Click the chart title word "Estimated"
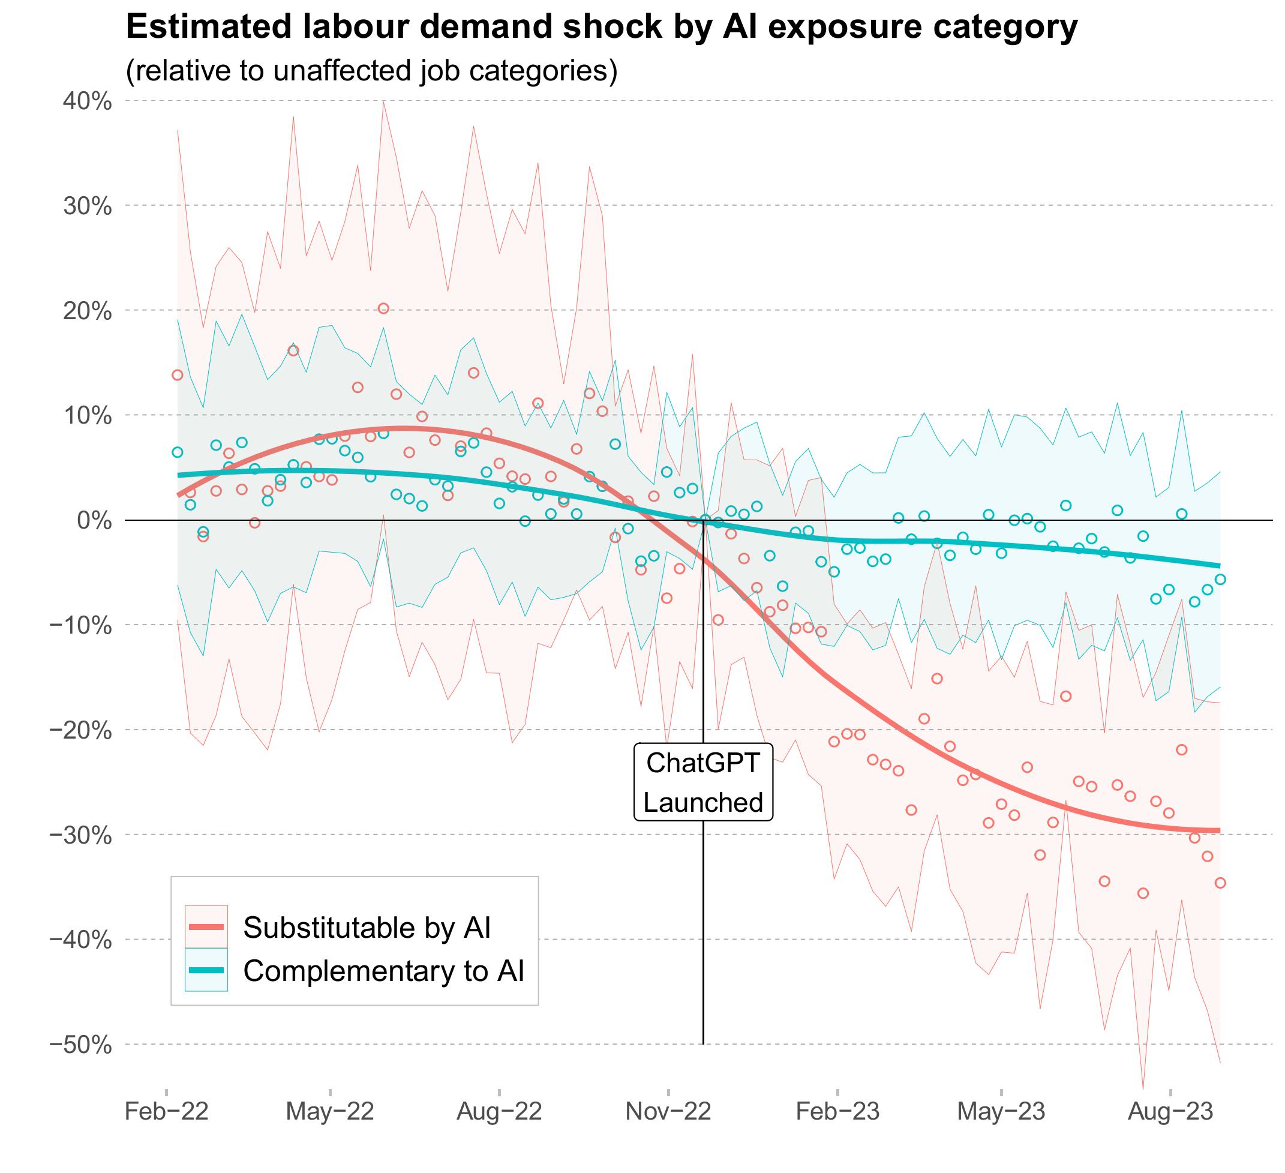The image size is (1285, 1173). point(200,27)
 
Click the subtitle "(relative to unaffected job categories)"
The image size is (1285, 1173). point(372,70)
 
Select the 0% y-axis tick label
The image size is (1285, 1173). point(95,520)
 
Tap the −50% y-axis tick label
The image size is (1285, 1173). point(81,1045)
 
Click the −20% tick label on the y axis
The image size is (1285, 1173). point(81,730)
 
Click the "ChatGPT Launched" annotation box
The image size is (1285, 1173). point(703,782)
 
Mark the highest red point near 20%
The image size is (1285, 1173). point(383,308)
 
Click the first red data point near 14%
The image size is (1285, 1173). point(177,375)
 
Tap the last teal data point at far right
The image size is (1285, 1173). point(1220,580)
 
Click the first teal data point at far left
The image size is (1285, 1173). point(177,452)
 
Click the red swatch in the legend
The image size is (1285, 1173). point(206,927)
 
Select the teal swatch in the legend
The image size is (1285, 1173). point(206,970)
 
